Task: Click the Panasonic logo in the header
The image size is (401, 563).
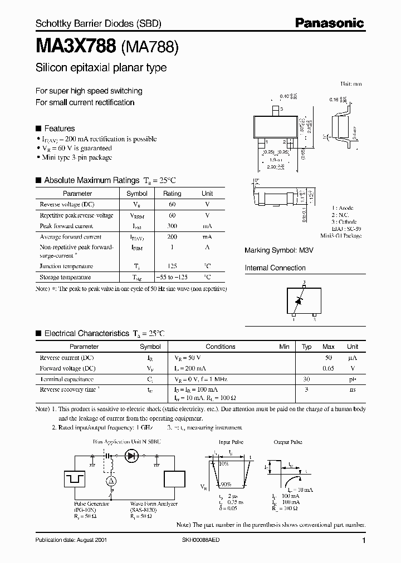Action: pyautogui.click(x=329, y=23)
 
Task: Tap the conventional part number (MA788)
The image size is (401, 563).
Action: pyautogui.click(x=150, y=47)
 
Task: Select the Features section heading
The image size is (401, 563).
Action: pyautogui.click(x=59, y=128)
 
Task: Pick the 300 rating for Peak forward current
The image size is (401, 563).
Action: pyautogui.click(x=172, y=226)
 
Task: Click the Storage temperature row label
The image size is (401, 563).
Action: pyautogui.click(x=65, y=277)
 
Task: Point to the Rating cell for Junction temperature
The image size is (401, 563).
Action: pyautogui.click(x=172, y=266)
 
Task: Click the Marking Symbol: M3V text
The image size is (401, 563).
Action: pyautogui.click(x=271, y=251)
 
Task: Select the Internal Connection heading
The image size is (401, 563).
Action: pyautogui.click(x=275, y=268)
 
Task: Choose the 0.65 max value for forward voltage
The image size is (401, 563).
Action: pyautogui.click(x=329, y=368)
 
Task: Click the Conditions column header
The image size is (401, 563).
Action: pyautogui.click(x=221, y=347)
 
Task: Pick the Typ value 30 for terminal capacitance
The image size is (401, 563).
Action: pyautogui.click(x=306, y=378)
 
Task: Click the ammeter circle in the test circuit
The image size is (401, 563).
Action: pyautogui.click(x=111, y=480)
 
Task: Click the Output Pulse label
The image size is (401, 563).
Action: pyautogui.click(x=288, y=442)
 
